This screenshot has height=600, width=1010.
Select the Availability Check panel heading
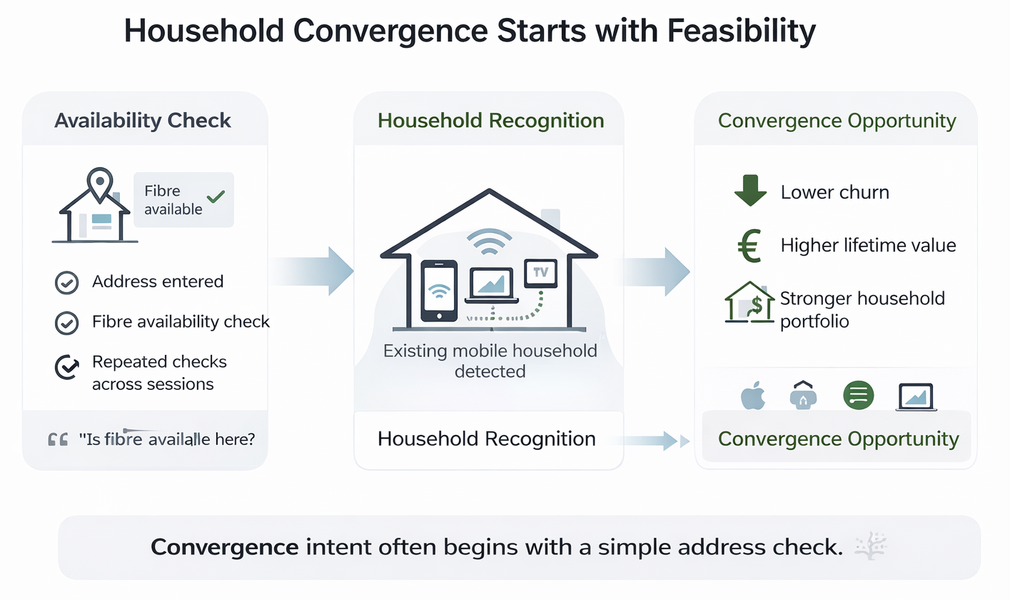(143, 120)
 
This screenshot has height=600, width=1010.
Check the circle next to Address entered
(66, 283)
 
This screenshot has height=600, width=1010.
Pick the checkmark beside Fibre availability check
(66, 323)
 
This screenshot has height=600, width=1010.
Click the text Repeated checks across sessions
(158, 372)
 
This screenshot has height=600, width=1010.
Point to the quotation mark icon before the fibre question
(58, 439)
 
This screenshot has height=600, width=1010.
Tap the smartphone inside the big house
(439, 290)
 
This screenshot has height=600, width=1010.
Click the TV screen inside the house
(540, 273)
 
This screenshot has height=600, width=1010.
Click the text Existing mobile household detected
(490, 361)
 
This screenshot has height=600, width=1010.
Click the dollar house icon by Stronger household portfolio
(749, 303)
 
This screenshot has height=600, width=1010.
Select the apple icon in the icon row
(752, 395)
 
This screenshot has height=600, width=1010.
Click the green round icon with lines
(858, 394)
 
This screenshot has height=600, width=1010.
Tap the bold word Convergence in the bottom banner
(224, 547)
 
